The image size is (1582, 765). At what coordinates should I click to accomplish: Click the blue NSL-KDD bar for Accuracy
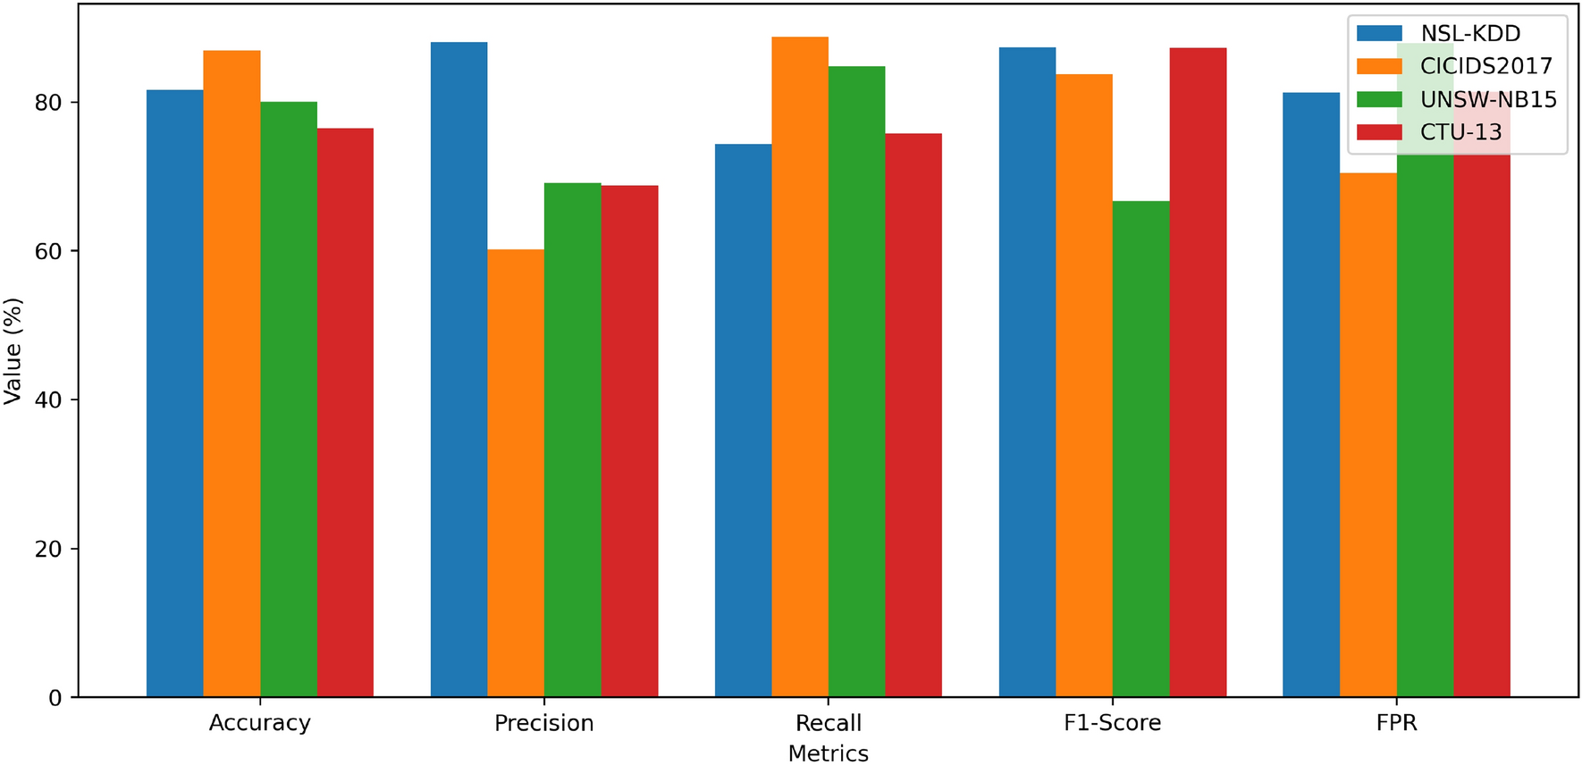coord(174,393)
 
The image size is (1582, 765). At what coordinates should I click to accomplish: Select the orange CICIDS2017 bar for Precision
coord(516,473)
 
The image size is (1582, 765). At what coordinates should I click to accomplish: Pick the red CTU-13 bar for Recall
coord(913,415)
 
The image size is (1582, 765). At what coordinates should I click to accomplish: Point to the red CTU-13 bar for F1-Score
coord(1198,372)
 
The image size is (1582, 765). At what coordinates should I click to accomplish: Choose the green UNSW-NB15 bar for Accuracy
coord(289,399)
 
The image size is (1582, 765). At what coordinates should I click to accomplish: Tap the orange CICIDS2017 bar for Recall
coord(800,366)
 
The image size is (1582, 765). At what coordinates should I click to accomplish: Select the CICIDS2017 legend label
coord(1485,66)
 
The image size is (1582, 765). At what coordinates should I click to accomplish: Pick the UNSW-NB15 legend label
coord(1488,99)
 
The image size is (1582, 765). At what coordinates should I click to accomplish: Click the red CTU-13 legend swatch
coord(1378,132)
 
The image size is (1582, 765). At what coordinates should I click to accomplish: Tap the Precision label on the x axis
coord(543,723)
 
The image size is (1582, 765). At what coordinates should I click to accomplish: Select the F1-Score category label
coord(1112,723)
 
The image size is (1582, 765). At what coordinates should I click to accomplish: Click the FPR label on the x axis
coord(1396,723)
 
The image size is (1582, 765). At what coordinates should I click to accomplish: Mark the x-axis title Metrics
coord(828,753)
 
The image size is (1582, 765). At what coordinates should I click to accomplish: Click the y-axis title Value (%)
coord(13,351)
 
